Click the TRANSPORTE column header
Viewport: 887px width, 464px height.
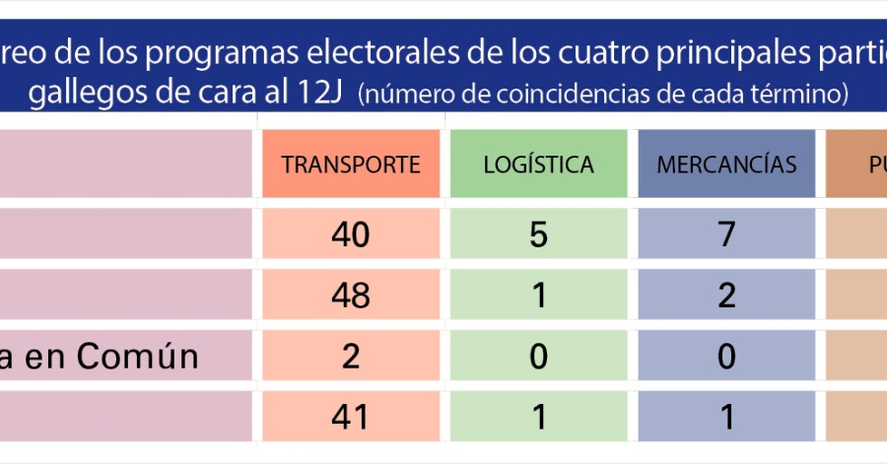tap(351, 165)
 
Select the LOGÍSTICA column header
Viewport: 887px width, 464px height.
tap(538, 165)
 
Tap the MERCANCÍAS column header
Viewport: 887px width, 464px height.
tap(726, 165)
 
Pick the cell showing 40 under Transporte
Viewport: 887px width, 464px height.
tap(351, 234)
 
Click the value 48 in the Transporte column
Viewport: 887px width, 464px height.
tap(351, 295)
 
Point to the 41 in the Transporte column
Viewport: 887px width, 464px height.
tap(351, 417)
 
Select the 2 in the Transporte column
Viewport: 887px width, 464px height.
tap(351, 356)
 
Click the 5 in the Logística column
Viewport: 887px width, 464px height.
tap(538, 234)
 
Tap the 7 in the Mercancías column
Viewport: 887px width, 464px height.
tap(726, 234)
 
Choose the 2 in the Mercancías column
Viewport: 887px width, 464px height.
tap(726, 295)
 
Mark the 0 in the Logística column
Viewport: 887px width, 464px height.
tap(538, 356)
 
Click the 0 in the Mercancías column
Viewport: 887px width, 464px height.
tap(726, 356)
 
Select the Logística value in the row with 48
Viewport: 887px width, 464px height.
tap(538, 295)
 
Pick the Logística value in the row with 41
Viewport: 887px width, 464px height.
tap(538, 417)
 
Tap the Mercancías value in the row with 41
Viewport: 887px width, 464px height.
tap(726, 417)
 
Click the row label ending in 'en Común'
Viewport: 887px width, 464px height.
tap(99, 356)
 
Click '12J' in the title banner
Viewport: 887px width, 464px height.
tap(316, 95)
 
